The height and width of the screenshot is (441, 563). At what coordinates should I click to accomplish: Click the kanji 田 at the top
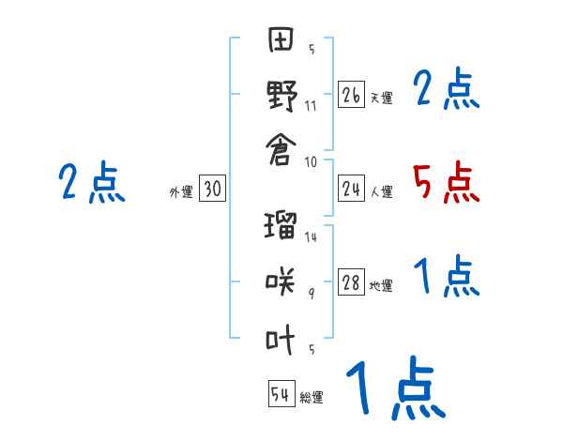coord(281,42)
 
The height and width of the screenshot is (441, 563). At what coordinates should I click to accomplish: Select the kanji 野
coord(281,96)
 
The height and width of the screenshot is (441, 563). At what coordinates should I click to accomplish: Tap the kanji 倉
coord(281,148)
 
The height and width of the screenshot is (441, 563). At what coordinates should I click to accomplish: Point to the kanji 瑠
coord(281,228)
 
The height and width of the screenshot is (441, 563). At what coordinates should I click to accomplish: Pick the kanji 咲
coord(281,281)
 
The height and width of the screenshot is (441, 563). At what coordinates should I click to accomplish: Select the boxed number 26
coord(351,94)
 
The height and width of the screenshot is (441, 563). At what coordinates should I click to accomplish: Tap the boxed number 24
coord(351,189)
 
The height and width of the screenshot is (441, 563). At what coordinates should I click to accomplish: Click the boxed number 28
coord(351,283)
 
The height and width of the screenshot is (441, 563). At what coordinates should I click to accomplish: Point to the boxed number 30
coord(212,189)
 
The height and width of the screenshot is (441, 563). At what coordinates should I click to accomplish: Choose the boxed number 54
coord(281,394)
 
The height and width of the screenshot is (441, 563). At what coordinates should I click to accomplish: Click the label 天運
coord(381,98)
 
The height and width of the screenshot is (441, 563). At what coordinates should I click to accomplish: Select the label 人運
coord(381,192)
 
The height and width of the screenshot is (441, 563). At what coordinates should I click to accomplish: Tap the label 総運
coord(312,398)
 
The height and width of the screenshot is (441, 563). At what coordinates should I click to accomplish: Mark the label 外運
coord(181,192)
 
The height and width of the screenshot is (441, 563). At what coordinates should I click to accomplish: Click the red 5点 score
coord(446,182)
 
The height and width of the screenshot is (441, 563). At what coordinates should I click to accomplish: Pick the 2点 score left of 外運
coord(91,182)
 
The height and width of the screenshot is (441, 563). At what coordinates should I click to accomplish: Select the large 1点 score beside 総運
coord(394,389)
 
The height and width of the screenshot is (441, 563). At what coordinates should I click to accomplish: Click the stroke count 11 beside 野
coord(311,105)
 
